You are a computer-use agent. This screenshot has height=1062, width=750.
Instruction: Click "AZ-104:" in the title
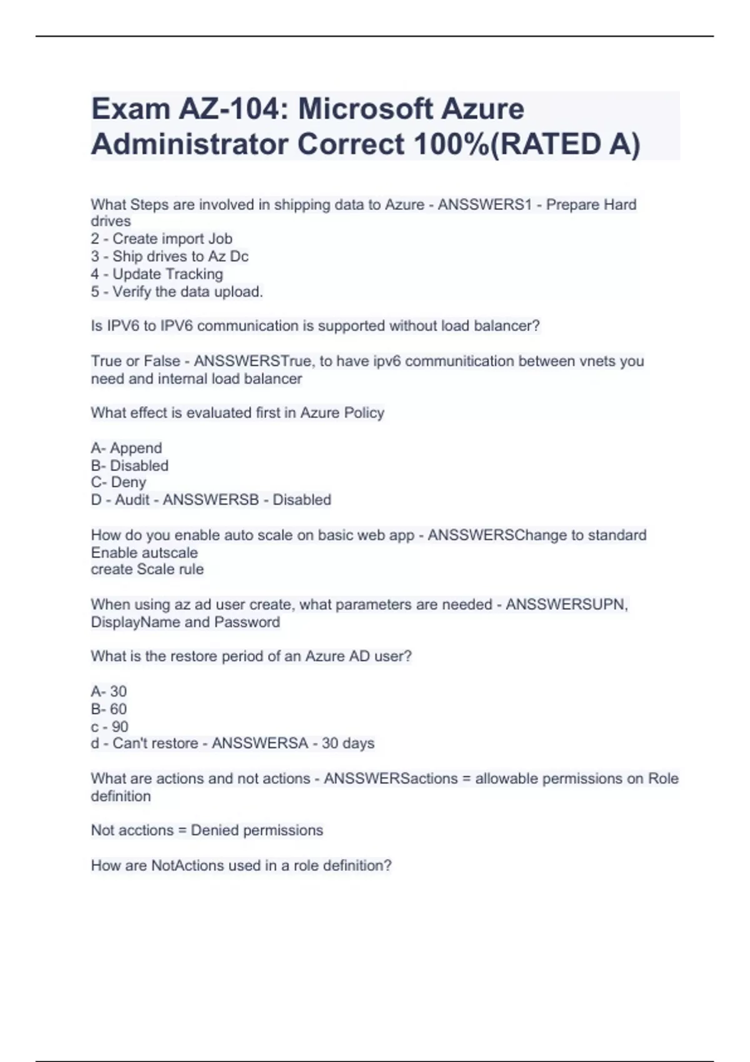[x=233, y=109]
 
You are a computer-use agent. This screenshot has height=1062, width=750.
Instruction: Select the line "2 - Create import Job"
[x=161, y=239]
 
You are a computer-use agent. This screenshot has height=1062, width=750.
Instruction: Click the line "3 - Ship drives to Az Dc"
[x=169, y=256]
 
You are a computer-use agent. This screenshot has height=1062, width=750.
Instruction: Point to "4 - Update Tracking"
[x=156, y=274]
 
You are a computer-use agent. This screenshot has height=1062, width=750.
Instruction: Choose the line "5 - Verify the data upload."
[x=177, y=292]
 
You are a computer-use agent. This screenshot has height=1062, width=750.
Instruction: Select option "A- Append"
[x=126, y=448]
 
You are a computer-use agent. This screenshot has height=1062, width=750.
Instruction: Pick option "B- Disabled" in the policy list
[x=129, y=465]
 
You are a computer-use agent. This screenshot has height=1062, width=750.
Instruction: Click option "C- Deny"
[x=118, y=482]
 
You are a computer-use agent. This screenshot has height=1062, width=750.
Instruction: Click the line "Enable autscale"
[x=144, y=553]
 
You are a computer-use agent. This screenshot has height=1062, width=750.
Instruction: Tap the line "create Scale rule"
[x=147, y=569]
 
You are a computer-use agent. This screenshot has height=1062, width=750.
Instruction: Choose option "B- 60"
[x=109, y=709]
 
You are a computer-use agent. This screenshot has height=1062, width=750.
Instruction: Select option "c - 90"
[x=109, y=727]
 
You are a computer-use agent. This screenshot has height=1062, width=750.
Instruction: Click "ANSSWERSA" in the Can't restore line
[x=259, y=743]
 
